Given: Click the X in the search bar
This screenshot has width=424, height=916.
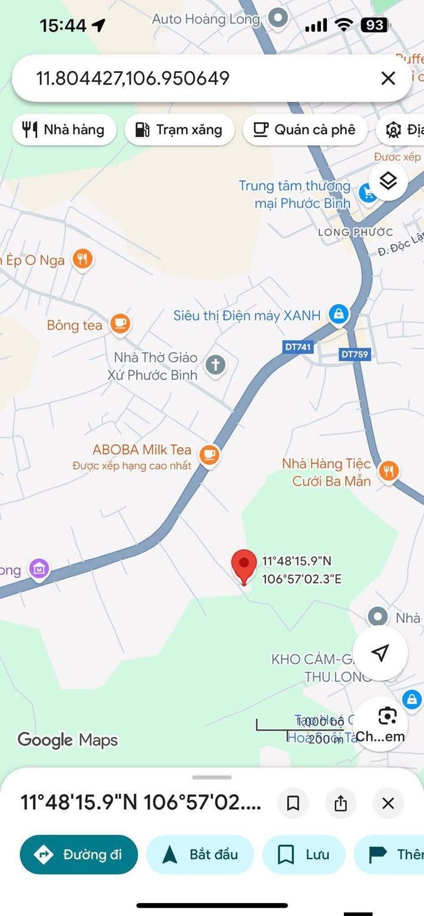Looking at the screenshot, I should (388, 78).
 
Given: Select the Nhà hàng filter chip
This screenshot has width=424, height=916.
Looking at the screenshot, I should (64, 129).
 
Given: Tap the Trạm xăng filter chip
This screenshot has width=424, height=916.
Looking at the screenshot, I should (179, 129).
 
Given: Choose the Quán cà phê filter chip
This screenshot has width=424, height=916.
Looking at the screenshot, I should (304, 129).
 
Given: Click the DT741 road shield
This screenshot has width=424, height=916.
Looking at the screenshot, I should (297, 347).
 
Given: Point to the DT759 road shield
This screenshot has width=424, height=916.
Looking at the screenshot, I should (355, 354).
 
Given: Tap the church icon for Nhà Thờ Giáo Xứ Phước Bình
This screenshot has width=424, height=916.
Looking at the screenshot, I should (216, 365).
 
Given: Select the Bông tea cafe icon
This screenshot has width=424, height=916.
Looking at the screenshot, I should (121, 324).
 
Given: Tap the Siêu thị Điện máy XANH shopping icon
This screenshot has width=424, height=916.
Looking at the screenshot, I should (339, 314).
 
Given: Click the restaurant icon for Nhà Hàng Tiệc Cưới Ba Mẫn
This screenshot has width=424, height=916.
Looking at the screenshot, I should (388, 471).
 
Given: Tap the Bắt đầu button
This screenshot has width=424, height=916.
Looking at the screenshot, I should (200, 854).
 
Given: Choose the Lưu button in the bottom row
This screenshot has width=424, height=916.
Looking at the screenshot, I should (303, 854).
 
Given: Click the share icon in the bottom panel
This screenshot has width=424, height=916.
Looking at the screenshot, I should (340, 803).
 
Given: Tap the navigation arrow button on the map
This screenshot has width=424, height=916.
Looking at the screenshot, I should (380, 652).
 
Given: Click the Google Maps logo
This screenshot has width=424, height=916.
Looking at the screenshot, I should (67, 740).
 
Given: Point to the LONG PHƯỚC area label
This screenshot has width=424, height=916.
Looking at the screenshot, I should (355, 232).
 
